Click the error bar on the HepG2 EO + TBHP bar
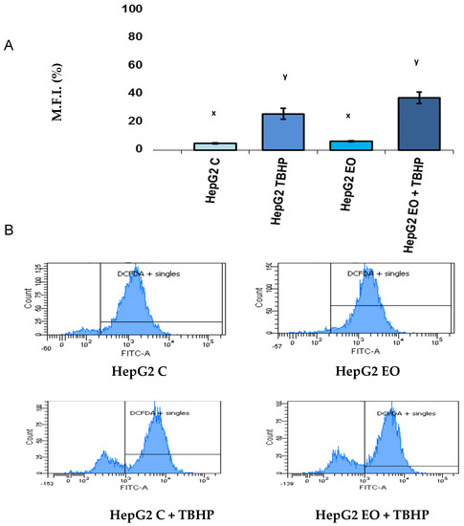412,98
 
